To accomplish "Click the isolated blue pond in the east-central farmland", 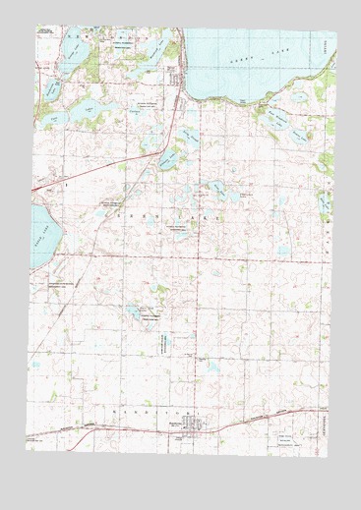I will tap(283, 252).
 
